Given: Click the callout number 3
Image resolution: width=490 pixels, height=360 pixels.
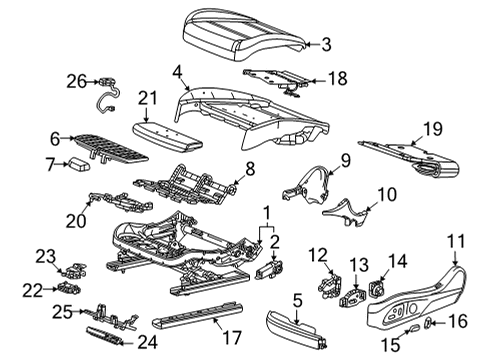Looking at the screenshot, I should (x=324, y=43).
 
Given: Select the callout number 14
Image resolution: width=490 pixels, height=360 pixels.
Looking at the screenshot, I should (x=397, y=261).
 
